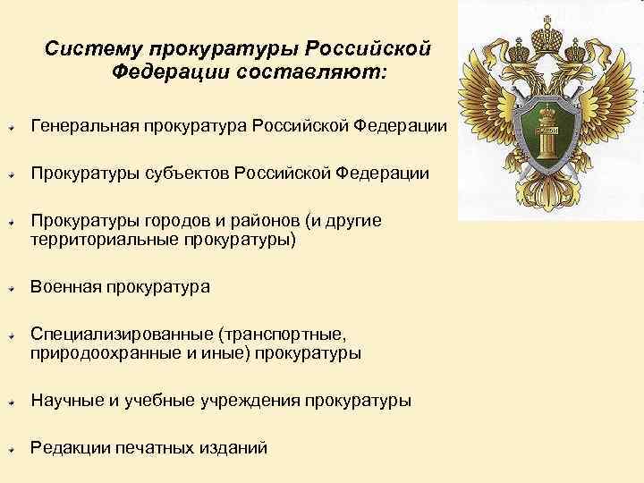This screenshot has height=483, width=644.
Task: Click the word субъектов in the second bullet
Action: point(188,173)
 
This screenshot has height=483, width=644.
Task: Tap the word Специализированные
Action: point(121,335)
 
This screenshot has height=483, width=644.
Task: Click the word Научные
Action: point(67,401)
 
